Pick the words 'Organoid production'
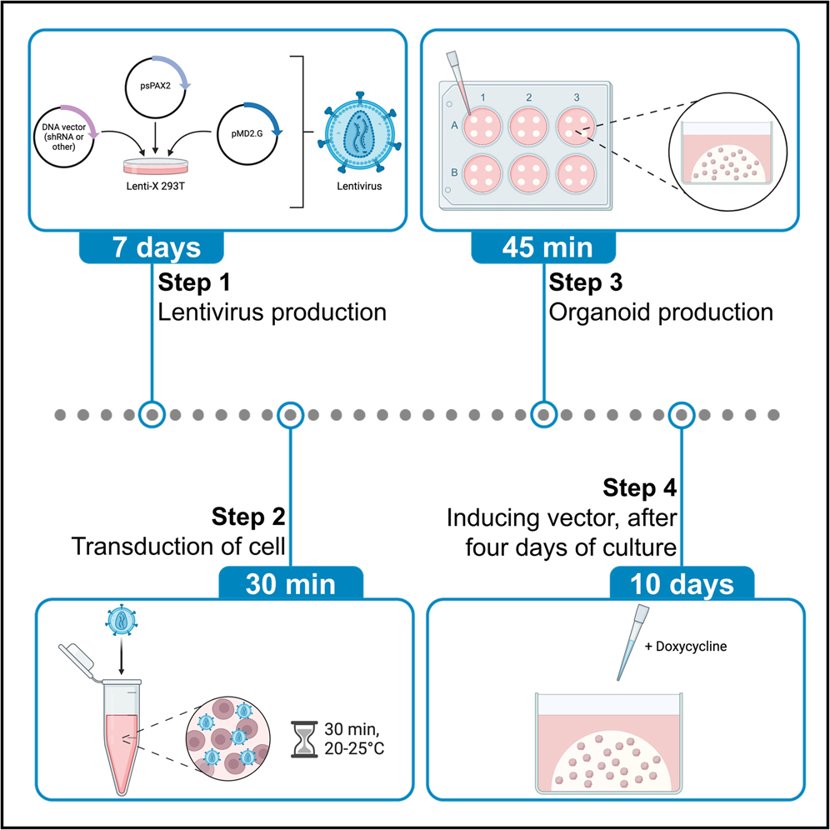pos(661,312)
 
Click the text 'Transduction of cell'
pos(178,547)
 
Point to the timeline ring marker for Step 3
pos(543,414)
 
